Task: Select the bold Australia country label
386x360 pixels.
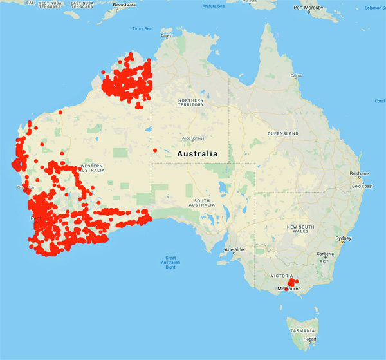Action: click(197, 155)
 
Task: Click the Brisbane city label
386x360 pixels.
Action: click(358, 174)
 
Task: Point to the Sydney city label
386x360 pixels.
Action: click(344, 238)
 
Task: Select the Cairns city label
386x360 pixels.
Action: click(296, 75)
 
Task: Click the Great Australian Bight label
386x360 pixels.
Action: click(170, 262)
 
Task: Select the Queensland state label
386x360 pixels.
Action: click(283, 133)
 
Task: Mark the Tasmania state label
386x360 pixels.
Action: click(302, 330)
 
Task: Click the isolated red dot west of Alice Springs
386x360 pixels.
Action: click(155, 151)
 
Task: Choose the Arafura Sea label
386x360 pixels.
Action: click(213, 6)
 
